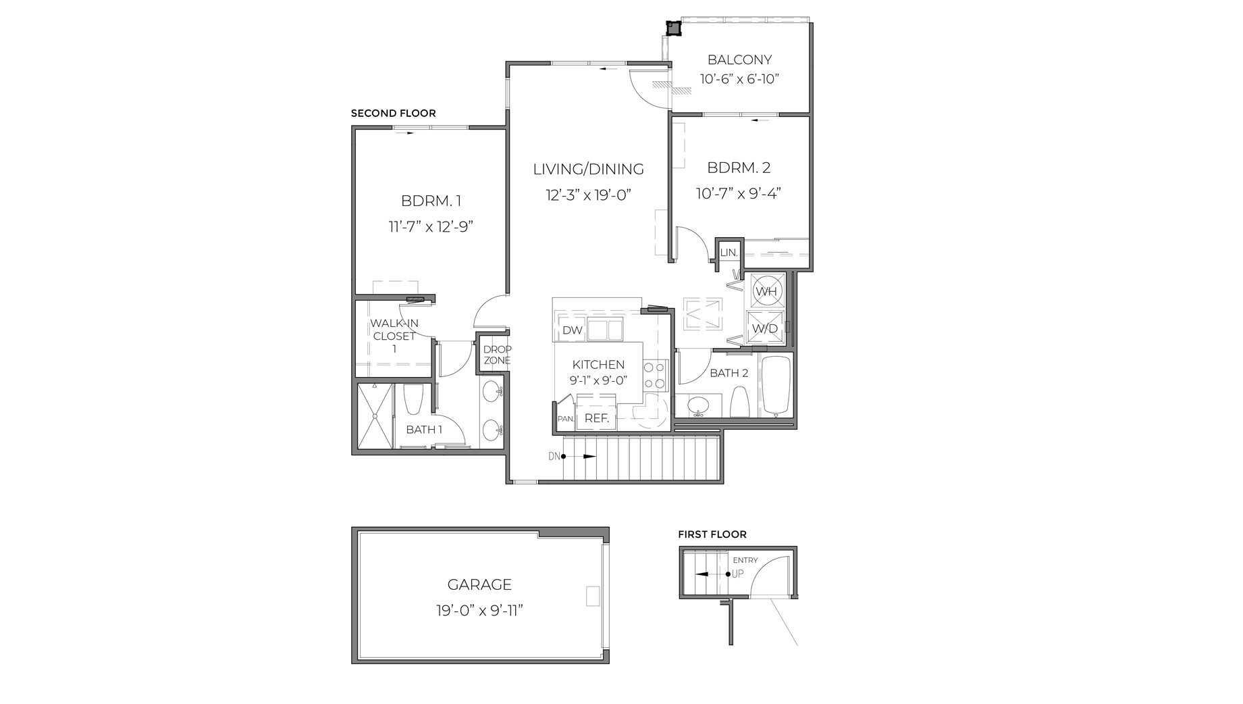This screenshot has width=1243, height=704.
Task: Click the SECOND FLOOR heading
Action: coord(393,114)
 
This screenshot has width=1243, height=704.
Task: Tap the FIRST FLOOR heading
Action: coord(712,534)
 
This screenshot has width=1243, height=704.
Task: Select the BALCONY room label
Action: coord(739,59)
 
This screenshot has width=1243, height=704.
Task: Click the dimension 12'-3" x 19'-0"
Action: coord(588,196)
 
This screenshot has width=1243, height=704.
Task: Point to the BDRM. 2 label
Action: coord(739,168)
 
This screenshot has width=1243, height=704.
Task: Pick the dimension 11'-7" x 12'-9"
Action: coord(431,227)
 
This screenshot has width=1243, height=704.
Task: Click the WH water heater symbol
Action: coord(766,291)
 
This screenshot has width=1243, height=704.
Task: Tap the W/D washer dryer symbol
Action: coord(765,328)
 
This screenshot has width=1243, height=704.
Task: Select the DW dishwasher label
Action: coord(572,330)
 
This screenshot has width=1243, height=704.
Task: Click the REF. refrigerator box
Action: coord(596,418)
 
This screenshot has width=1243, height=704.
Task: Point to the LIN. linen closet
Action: coord(729,253)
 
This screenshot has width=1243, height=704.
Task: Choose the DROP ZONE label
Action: coord(497,355)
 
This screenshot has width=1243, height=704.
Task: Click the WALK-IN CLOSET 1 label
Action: coord(394,336)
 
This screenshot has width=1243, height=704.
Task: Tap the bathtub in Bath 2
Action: coord(776,386)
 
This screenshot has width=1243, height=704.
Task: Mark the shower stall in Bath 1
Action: coord(374,416)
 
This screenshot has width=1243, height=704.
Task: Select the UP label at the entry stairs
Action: coord(738,574)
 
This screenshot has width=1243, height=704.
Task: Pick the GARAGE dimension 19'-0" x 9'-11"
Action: coord(479,611)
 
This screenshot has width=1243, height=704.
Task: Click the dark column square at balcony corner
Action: coord(673,28)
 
